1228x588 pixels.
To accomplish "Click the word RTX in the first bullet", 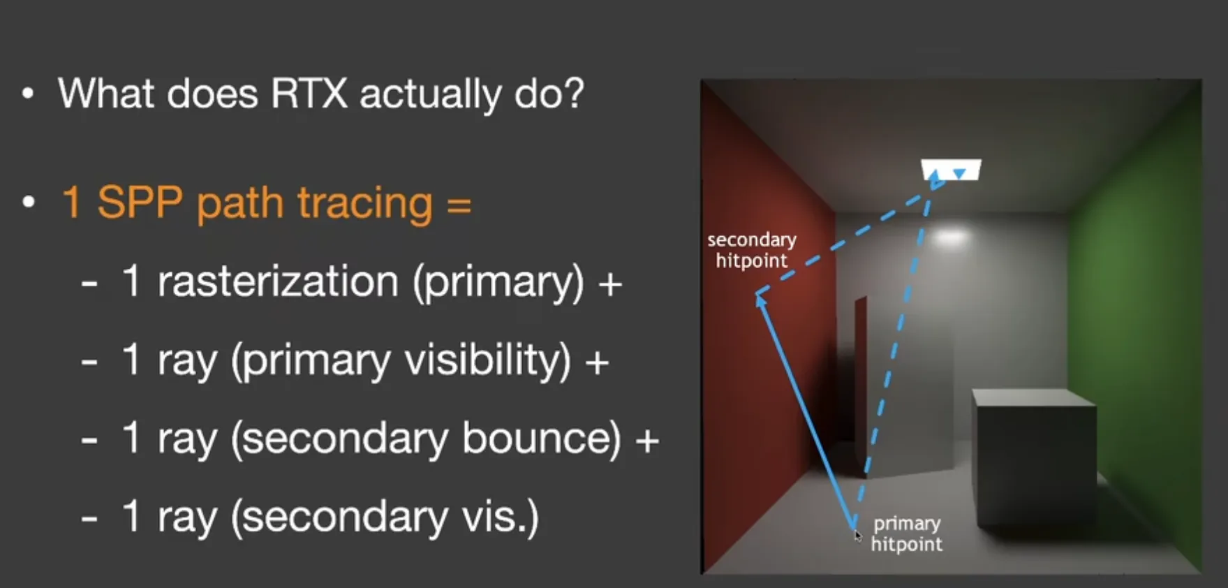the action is coord(309,94).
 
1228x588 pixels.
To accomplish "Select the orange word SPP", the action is coord(141,203).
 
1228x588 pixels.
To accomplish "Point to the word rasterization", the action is coord(278,283).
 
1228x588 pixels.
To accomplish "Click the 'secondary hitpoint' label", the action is coord(752,250).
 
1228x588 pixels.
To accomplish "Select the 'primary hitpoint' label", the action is coord(907,534).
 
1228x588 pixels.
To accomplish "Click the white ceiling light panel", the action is coord(951,170).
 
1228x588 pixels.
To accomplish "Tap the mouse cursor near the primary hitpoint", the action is coord(858,536).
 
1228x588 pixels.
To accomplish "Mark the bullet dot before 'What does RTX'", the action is coord(28,94).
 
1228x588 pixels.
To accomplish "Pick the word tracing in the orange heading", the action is coord(364,205).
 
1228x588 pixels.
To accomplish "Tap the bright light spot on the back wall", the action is coord(951,237).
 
